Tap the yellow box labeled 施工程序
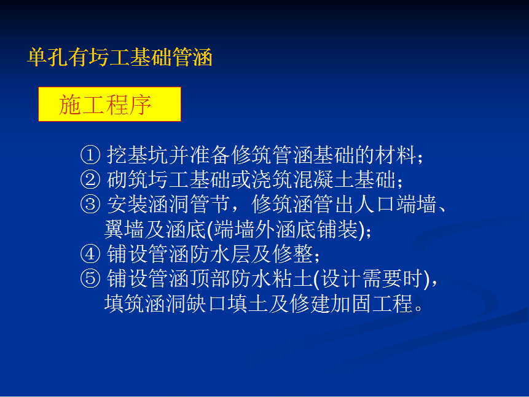click(x=109, y=104)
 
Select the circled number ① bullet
click(x=90, y=155)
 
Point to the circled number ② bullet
click(x=90, y=179)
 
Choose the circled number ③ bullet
click(x=90, y=204)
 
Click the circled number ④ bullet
click(x=90, y=254)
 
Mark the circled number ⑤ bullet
click(x=90, y=278)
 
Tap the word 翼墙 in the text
click(x=125, y=229)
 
